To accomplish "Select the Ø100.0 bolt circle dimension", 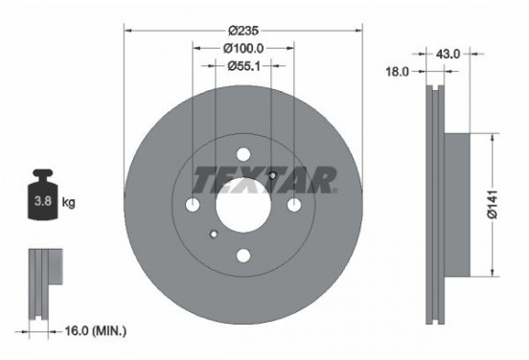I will [243, 47].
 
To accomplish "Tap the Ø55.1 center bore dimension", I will [243, 66].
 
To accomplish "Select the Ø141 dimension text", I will [492, 203].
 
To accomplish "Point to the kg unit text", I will [68, 204].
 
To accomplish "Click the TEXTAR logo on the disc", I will [264, 179].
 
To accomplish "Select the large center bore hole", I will [242, 203].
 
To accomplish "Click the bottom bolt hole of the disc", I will [242, 254].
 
